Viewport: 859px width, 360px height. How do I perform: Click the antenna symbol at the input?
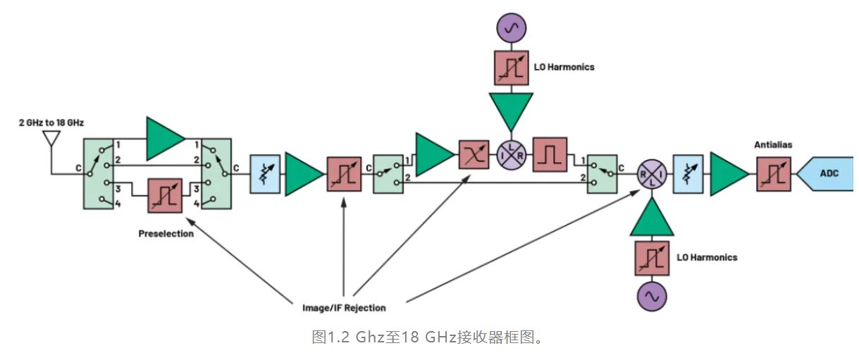pos(50,138)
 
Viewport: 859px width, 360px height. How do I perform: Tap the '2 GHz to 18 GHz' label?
pos(51,123)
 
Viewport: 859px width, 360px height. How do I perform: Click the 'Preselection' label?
pos(166,233)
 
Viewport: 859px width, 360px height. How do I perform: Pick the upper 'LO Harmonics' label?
pos(564,67)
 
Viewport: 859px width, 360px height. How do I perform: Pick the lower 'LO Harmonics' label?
pos(707,257)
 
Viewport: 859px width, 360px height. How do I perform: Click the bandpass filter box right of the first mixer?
pos(551,153)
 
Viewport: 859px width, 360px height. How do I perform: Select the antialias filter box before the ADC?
pos(774,173)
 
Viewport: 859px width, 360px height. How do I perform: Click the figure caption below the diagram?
pos(428,337)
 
